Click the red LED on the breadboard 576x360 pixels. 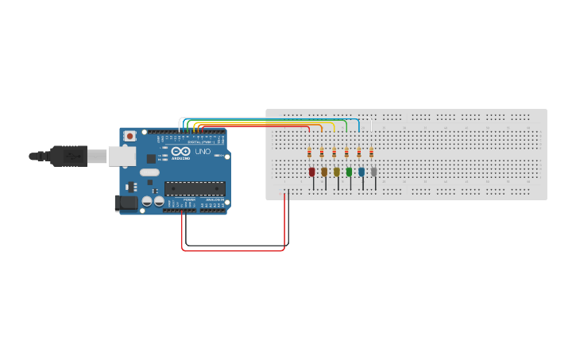click(311, 172)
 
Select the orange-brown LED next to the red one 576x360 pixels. click(324, 172)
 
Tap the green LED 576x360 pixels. click(349, 172)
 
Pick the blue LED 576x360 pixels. click(361, 172)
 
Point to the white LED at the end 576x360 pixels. click(374, 172)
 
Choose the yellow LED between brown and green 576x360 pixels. click(336, 172)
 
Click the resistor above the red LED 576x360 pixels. click(309, 153)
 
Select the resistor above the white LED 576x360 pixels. click(371, 153)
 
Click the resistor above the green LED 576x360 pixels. click(346, 153)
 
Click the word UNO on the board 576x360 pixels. click(203, 151)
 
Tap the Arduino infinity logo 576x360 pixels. click(181, 151)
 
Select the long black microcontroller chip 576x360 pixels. click(195, 188)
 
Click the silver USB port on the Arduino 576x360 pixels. click(122, 156)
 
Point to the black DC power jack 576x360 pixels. click(126, 203)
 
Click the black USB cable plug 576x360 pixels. click(68, 156)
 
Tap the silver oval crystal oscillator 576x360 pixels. click(149, 172)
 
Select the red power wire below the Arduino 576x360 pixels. click(234, 251)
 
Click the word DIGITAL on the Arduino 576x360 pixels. click(196, 141)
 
